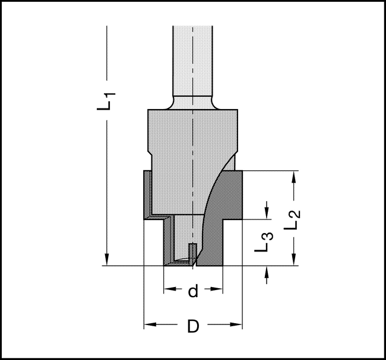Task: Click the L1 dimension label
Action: [106, 101]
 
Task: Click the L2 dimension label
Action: [292, 220]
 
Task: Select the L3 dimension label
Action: [264, 242]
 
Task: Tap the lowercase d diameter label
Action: [193, 291]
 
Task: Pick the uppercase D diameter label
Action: [193, 326]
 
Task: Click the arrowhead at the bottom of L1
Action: [106, 259]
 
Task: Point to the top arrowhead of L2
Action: [294, 177]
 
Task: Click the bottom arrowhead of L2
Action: [294, 259]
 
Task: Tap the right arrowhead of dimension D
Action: [236, 324]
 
